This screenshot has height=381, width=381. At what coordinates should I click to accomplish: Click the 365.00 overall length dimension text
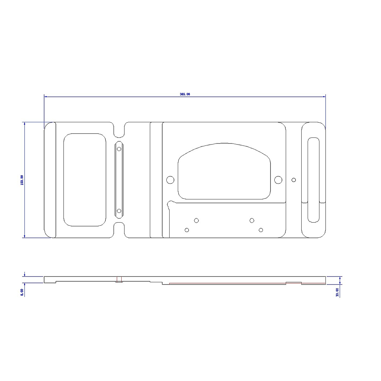[185, 94]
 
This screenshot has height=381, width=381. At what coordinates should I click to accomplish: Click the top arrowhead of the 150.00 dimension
[24, 124]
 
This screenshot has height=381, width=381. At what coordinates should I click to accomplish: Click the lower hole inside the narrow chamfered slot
[119, 211]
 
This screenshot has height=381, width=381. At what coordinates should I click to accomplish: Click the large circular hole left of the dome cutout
[170, 180]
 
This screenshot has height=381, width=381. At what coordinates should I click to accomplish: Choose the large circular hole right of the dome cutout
[278, 180]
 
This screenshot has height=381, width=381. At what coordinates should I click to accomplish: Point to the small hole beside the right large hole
[294, 180]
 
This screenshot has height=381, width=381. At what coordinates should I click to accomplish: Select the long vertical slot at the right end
[314, 180]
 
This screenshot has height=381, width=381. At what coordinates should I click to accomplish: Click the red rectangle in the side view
[119, 279]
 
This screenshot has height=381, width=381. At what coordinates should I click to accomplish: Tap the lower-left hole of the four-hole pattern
[187, 230]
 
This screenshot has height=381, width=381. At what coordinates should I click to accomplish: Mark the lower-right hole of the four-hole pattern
[261, 230]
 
